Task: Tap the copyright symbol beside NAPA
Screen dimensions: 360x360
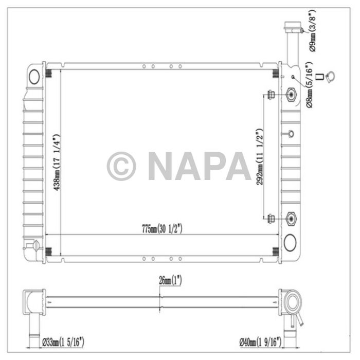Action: coord(121,166)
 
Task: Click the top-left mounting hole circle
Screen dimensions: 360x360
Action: coord(34,77)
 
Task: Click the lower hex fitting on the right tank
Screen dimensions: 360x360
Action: coord(291,219)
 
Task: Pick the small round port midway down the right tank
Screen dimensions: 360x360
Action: coord(291,134)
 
